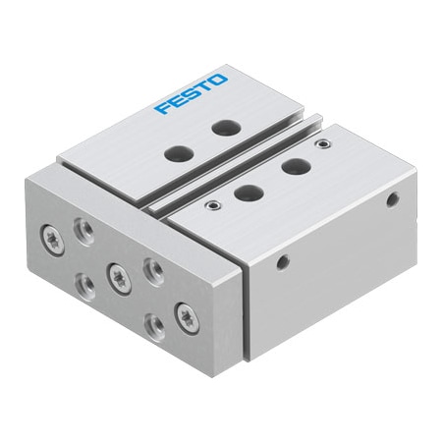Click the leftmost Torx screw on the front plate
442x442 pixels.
point(49,237)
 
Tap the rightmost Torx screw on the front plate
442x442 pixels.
point(184,316)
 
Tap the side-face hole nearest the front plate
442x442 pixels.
point(283,262)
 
